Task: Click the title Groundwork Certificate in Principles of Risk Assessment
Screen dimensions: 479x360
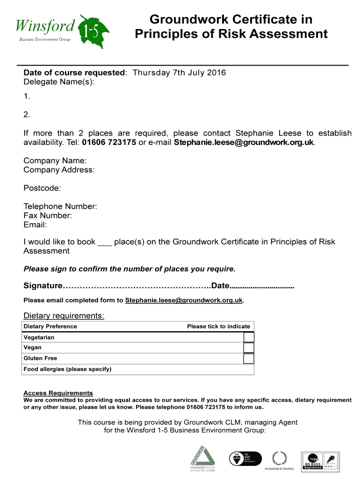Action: click(231, 27)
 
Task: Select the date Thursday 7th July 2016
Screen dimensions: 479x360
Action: click(179, 73)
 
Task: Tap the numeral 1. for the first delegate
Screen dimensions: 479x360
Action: click(27, 96)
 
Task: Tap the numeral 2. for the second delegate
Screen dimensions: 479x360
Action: click(27, 115)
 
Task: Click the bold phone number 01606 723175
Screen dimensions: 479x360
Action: click(109, 142)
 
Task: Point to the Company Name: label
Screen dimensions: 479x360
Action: click(55, 160)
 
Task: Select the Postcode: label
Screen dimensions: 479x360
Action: click(42, 188)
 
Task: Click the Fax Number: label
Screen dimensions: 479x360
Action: click(48, 216)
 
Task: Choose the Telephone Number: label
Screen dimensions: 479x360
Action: click(60, 206)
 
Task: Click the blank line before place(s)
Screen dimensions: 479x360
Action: click(104, 242)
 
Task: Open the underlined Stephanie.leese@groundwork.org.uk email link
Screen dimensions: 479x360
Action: click(184, 300)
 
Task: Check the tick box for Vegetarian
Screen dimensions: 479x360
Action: click(249, 337)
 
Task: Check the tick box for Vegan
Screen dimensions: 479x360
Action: click(249, 348)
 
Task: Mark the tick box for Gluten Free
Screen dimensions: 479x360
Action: click(249, 358)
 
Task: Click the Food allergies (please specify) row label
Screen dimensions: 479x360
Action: click(68, 369)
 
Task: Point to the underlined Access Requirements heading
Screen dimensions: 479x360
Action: click(58, 393)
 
